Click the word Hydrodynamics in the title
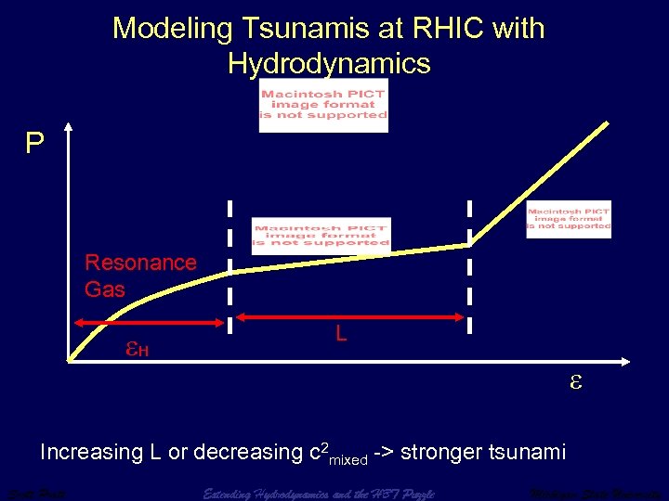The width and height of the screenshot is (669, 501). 329,63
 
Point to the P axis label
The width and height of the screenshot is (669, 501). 34,144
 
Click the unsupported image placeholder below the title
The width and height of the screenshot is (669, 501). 323,105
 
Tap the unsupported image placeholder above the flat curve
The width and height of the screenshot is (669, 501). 321,234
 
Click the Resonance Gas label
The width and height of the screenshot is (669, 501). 140,276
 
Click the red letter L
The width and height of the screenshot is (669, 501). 341,332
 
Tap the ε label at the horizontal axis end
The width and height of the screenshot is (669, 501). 575,380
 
